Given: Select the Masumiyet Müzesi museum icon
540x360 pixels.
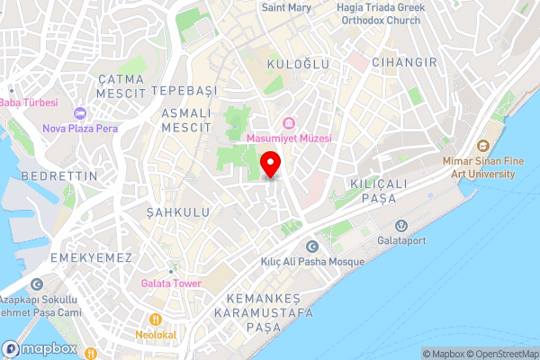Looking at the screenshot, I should point(289,123).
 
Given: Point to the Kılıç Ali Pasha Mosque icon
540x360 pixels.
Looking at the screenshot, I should point(312,247).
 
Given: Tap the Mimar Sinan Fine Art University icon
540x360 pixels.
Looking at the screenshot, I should point(483,146).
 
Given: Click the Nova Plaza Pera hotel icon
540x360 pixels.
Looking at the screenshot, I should point(79,113).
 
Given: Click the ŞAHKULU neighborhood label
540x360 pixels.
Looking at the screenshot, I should point(178,212).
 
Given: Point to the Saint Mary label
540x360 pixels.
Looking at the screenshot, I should point(286,7).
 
